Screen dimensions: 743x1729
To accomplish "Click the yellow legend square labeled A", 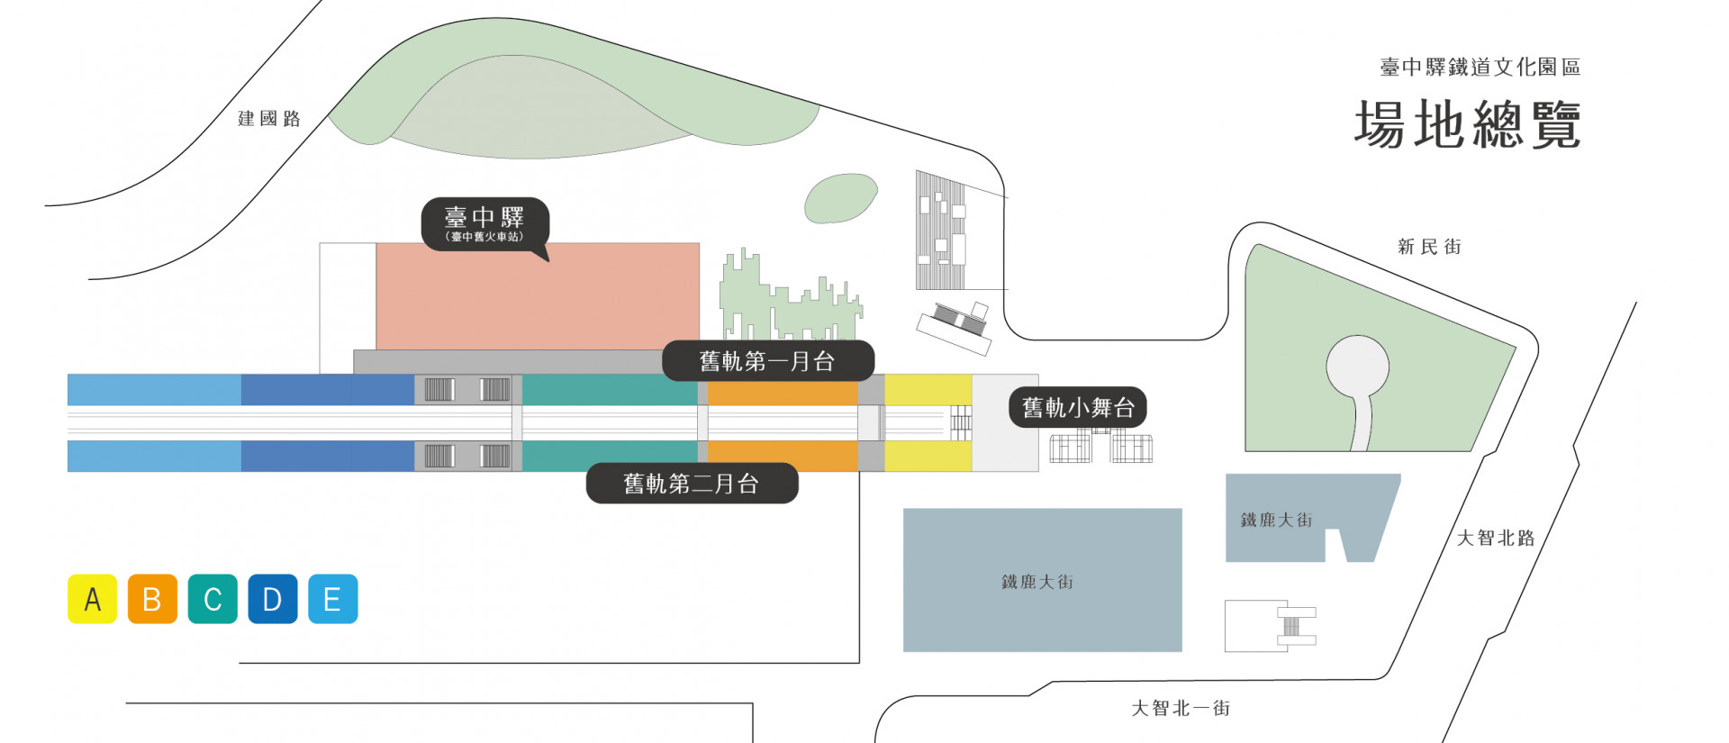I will [92, 599].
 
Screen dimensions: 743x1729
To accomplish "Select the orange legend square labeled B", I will [152, 599].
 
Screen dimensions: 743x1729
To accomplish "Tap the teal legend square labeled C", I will [213, 599].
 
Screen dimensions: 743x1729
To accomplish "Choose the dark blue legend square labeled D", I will [273, 599].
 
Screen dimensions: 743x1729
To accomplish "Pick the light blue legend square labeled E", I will [333, 599].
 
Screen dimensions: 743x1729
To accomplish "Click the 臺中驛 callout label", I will [484, 222].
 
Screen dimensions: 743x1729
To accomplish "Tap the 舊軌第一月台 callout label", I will [767, 361].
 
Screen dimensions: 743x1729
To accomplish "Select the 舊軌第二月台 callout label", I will [692, 484].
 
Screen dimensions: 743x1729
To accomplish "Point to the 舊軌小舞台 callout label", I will [1077, 408].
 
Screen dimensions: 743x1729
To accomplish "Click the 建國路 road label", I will [268, 119].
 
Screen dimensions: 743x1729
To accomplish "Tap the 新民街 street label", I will [1429, 247].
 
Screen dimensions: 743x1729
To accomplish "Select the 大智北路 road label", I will [1496, 538].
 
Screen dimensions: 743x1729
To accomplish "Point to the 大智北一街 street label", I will [1181, 709].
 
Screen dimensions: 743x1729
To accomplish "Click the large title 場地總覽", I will [1468, 124].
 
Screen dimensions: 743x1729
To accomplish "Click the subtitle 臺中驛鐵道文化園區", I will [1480, 68].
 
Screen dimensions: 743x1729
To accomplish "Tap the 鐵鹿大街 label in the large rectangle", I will [1037, 582].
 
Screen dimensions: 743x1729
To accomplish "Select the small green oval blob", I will [840, 198].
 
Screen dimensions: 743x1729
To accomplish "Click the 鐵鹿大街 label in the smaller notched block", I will [1276, 520].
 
